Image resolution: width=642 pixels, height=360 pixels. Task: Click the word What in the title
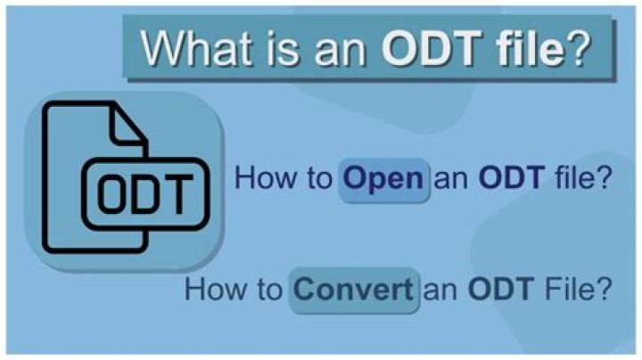195,48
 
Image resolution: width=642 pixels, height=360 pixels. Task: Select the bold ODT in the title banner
432,48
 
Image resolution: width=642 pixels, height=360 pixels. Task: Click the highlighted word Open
383,180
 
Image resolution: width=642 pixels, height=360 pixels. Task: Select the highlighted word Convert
353,290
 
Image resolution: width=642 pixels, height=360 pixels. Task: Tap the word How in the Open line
263,177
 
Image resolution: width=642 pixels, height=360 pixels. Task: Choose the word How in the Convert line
213,289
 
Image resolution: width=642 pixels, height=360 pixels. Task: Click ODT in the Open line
512,177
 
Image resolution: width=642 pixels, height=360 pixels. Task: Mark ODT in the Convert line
501,289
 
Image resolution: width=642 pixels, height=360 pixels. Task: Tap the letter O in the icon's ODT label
111,194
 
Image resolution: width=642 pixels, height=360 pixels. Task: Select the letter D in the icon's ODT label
144,194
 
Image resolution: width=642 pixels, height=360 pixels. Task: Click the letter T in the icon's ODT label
178,194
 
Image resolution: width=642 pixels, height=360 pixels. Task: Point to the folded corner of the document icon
128,125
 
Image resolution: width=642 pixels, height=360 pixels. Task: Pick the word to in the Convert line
269,290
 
